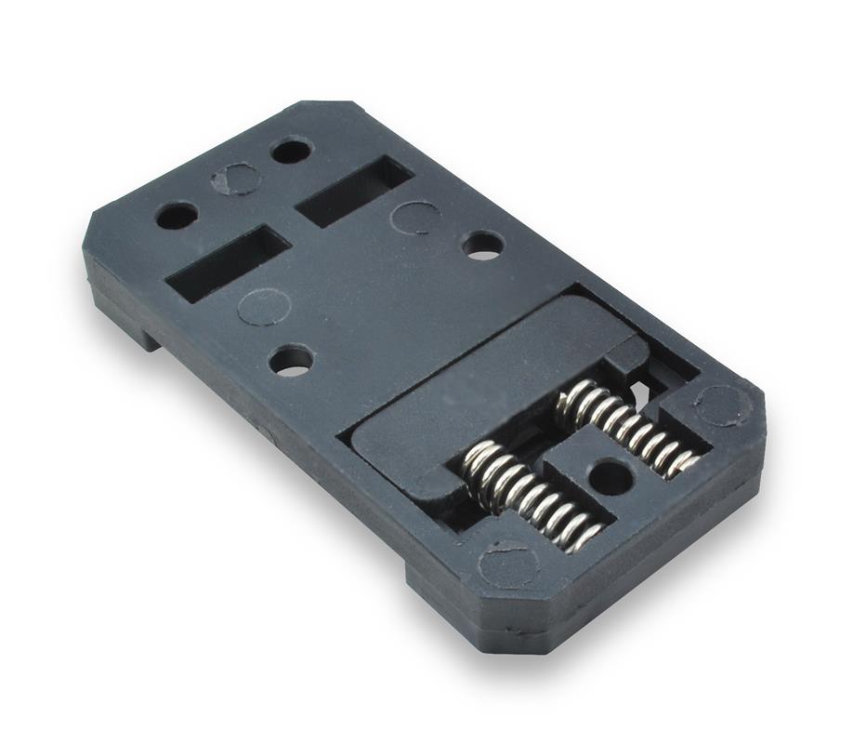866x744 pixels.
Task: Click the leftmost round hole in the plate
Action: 177,216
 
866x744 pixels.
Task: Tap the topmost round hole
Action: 292,150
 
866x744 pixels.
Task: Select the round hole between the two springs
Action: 610,477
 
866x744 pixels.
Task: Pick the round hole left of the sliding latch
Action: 292,360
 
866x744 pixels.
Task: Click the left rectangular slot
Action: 229,263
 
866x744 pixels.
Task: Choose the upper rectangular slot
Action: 354,192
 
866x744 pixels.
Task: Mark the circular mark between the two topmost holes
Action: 237,179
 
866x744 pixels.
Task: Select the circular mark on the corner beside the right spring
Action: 722,405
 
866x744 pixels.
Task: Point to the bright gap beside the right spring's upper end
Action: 641,383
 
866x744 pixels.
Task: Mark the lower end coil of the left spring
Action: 584,537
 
